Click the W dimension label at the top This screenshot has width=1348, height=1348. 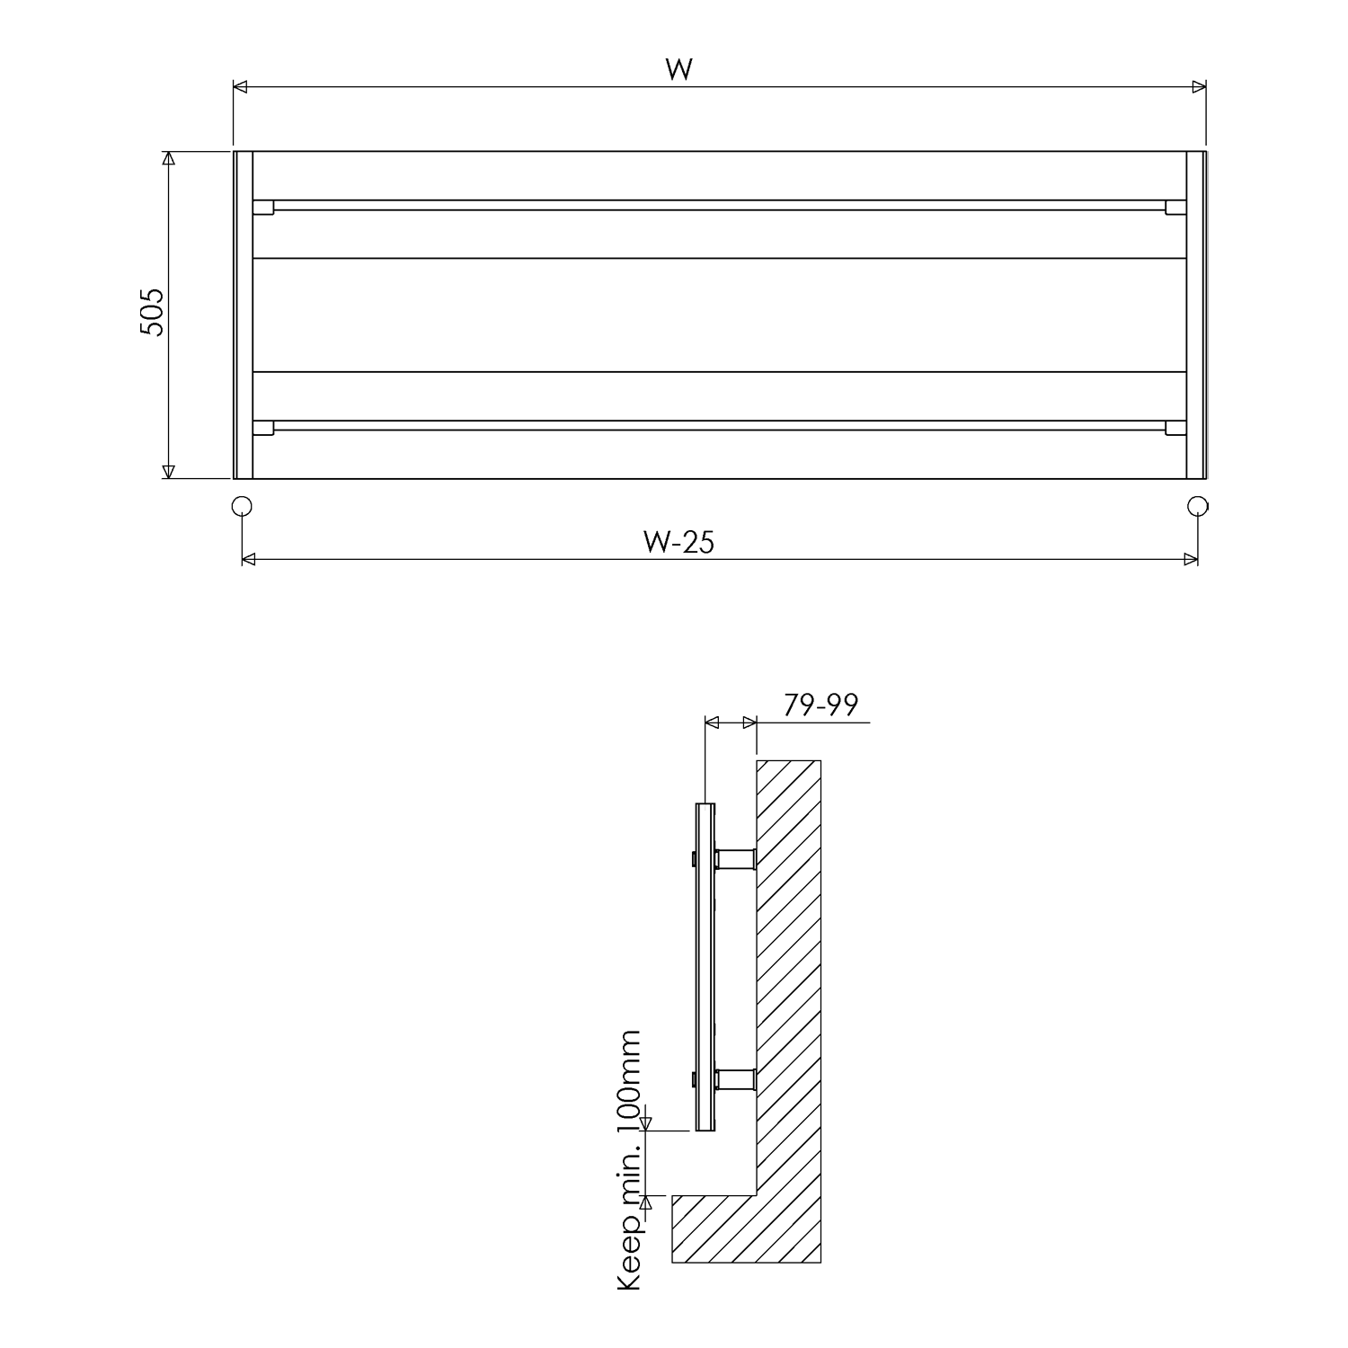678,68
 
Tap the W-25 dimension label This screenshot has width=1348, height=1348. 678,543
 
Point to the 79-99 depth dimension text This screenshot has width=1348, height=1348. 820,705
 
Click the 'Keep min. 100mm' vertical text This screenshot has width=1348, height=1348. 631,1160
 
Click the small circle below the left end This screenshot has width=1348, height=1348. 242,506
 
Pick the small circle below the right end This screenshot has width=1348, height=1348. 1197,506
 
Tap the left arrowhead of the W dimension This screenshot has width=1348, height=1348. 240,87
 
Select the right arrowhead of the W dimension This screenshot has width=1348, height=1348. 1199,87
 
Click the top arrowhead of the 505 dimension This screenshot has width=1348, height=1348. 167,158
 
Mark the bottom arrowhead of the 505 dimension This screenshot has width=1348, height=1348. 167,472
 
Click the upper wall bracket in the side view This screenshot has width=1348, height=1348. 736,859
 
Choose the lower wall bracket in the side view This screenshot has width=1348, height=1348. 736,1078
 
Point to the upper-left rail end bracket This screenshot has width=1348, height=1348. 263,207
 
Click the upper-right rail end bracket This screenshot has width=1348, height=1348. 1175,207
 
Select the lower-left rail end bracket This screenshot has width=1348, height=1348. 263,428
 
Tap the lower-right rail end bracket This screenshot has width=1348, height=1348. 1175,428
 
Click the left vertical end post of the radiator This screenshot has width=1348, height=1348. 244,315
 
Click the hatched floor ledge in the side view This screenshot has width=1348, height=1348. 710,1228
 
